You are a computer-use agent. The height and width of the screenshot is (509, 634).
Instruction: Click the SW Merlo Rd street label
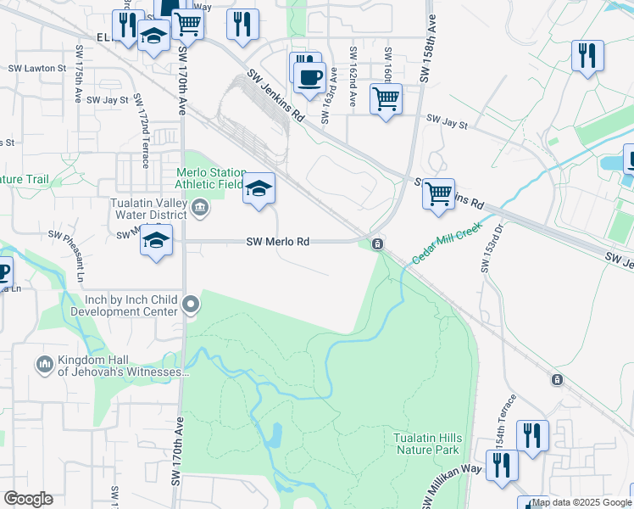[x=277, y=242]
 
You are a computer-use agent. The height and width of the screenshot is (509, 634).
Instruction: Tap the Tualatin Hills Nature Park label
[x=426, y=443]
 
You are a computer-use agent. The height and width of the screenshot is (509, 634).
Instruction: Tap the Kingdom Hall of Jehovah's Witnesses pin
[x=45, y=365]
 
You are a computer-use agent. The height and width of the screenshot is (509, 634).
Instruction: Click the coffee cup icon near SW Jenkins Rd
[x=309, y=77]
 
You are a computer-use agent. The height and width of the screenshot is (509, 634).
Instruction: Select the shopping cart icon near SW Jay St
[x=386, y=98]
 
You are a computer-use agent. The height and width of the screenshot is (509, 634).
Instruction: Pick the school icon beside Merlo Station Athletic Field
[x=259, y=187]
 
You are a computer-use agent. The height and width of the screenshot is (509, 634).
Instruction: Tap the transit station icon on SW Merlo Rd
[x=378, y=244]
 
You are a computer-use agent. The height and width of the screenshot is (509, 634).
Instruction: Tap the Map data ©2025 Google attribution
[x=581, y=502]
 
